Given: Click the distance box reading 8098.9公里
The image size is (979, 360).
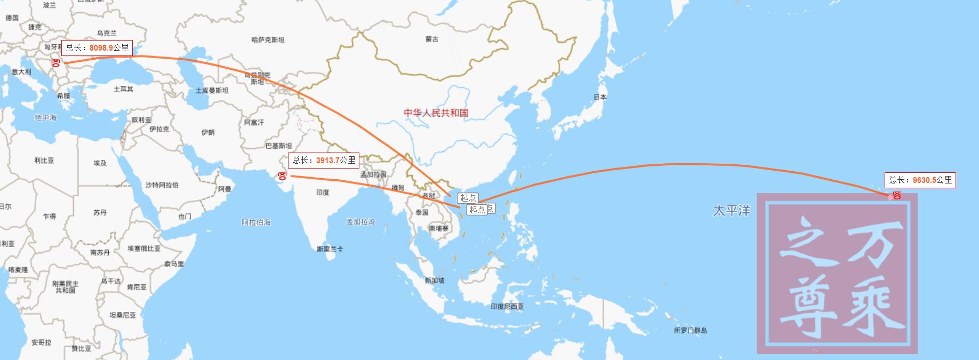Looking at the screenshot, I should pyautogui.click(x=97, y=47).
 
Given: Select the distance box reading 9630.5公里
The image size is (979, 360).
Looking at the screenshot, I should pyautogui.click(x=920, y=180).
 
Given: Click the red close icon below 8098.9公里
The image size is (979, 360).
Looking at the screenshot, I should pyautogui.click(x=55, y=62).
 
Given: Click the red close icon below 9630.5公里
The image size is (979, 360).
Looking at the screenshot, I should pyautogui.click(x=897, y=195).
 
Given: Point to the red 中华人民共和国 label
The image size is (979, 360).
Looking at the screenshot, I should pyautogui.click(x=436, y=113).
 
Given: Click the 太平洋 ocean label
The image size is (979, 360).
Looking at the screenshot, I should pyautogui.click(x=731, y=211).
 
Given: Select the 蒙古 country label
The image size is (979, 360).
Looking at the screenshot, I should pyautogui.click(x=432, y=39).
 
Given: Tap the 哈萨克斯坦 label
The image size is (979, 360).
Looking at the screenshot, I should pyautogui.click(x=268, y=39).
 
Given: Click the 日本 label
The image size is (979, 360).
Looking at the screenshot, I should pyautogui.click(x=600, y=97).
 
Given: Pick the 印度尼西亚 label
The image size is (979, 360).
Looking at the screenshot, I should pyautogui.click(x=507, y=307).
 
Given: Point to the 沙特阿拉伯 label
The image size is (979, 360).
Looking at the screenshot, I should pyautogui.click(x=162, y=185).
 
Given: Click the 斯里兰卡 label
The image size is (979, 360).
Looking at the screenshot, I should pyautogui.click(x=330, y=249).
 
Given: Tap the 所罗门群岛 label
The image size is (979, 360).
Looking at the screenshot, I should pyautogui.click(x=690, y=331).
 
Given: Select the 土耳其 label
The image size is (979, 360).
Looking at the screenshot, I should pyautogui.click(x=123, y=89).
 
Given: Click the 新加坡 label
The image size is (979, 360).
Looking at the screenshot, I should pyautogui.click(x=434, y=281).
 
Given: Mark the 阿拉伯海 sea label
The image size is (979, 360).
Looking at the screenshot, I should pyautogui.click(x=256, y=222).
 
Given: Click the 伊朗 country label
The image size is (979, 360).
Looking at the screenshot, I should pyautogui.click(x=208, y=132).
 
